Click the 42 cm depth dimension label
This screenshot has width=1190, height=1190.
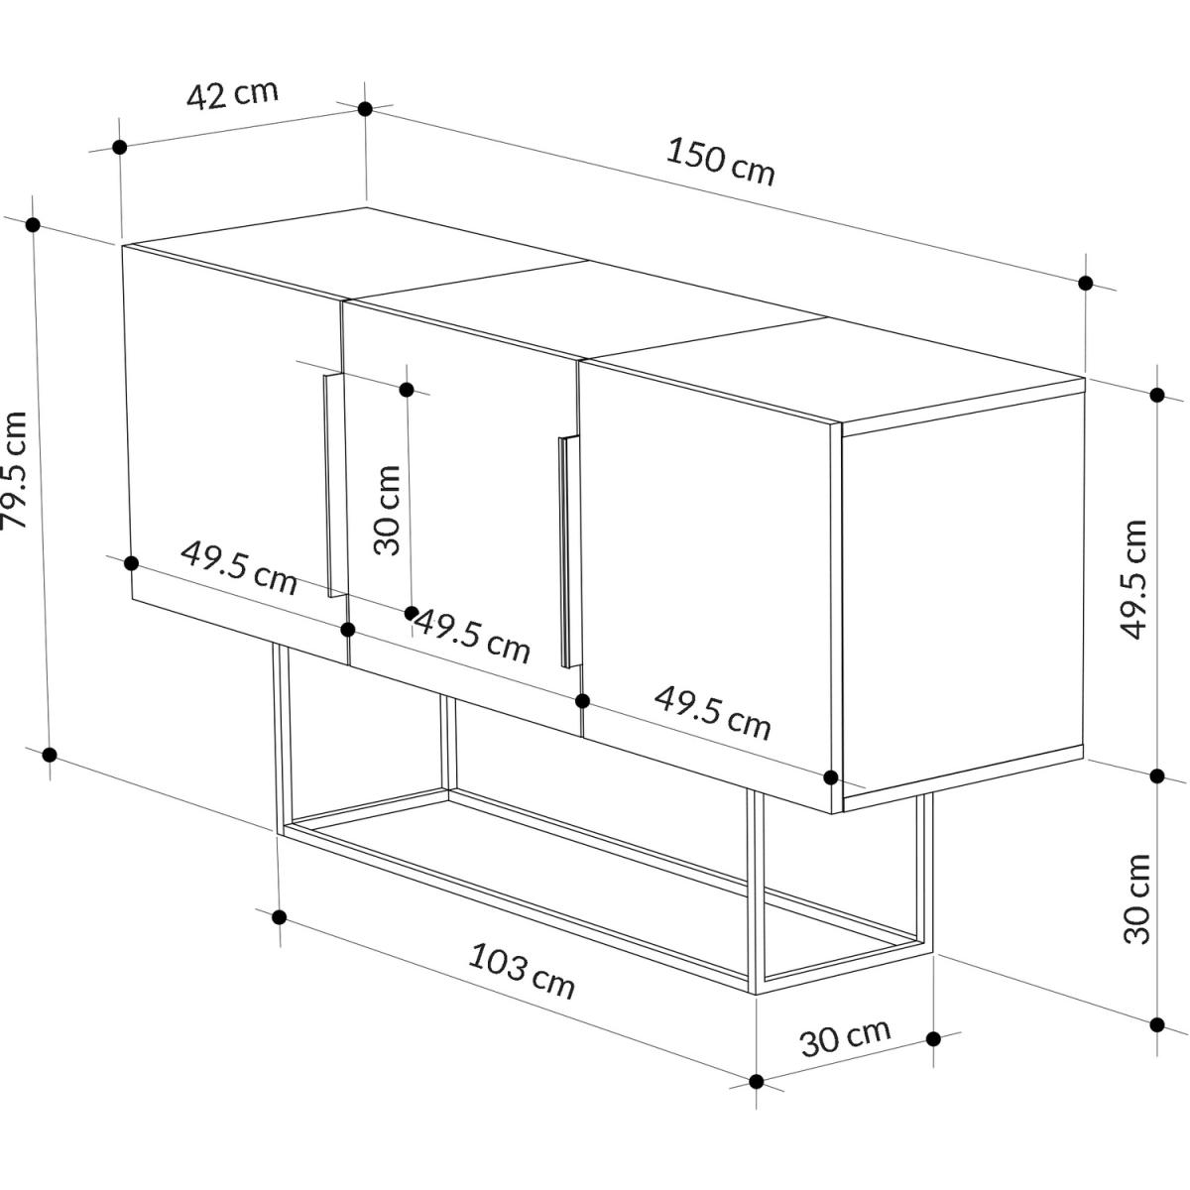(x=232, y=95)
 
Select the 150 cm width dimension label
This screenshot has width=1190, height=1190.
(x=720, y=162)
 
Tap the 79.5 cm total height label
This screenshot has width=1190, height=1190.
(x=14, y=470)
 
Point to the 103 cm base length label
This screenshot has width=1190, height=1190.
(x=522, y=978)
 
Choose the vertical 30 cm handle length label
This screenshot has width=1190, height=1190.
(x=388, y=510)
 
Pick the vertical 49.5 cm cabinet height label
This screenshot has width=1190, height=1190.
(x=1133, y=580)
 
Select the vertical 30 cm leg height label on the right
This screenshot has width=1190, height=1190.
(x=1136, y=899)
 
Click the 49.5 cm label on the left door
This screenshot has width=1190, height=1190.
(x=239, y=568)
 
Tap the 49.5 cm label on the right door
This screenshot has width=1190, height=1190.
(x=713, y=713)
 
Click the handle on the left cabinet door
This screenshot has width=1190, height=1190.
(x=333, y=485)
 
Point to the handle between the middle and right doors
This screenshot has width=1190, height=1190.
(x=569, y=551)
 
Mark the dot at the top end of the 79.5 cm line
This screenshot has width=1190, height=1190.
(x=34, y=225)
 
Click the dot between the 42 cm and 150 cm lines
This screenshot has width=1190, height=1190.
(x=365, y=109)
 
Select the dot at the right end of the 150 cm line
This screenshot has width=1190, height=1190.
(x=1085, y=284)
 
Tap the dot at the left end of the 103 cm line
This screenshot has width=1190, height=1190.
(x=279, y=917)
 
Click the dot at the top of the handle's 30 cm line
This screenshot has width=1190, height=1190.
(x=407, y=390)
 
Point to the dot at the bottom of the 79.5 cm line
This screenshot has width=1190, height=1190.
(x=50, y=755)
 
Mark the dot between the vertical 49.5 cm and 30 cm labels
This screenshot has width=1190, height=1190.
(x=1157, y=776)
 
